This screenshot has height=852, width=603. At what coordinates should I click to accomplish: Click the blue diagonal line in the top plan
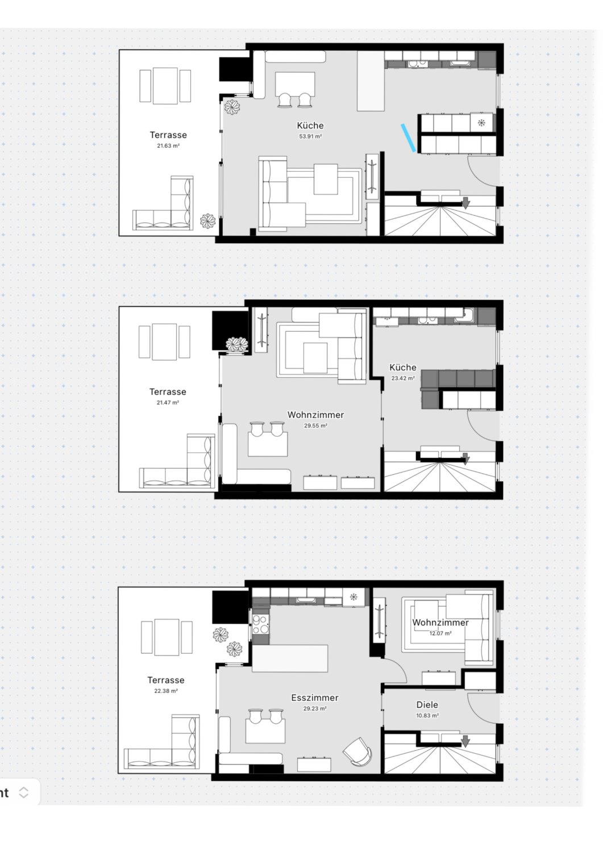408,137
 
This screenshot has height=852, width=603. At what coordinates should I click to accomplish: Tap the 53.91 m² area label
310,136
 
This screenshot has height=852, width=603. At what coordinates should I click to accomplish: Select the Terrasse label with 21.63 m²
168,135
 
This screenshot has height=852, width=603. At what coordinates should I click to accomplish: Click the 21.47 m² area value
168,402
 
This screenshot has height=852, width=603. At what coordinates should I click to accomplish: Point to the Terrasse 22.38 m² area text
166,691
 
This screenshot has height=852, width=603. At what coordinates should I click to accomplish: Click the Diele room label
427,705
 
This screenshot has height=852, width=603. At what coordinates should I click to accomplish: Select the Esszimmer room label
315,698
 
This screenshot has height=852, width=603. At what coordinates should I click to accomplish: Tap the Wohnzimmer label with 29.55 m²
315,415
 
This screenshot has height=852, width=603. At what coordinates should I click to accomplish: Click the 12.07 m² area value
440,633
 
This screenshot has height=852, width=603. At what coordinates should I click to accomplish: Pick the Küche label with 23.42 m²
403,367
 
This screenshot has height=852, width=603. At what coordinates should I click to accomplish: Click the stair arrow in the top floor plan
465,203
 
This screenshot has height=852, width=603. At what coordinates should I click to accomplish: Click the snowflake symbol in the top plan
481,123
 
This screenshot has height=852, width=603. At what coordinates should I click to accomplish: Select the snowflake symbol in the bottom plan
354,597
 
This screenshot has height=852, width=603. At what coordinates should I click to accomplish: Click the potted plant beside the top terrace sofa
208,221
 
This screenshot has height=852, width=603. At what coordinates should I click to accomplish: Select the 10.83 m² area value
427,716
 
